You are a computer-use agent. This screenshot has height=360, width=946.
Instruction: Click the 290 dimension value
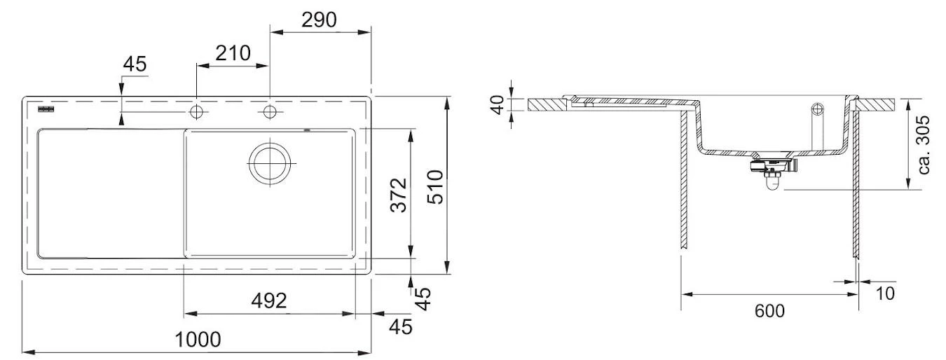point(319,20)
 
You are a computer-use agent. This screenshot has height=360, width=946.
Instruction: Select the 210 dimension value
point(232,53)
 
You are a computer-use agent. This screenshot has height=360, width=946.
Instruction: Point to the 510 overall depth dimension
point(434,187)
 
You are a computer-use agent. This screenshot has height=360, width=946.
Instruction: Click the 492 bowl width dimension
point(269,300)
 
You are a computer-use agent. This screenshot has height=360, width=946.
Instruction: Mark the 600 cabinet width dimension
point(769,310)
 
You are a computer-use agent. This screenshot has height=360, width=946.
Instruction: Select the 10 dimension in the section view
point(885,293)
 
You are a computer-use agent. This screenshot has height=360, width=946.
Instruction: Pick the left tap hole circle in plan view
point(197,112)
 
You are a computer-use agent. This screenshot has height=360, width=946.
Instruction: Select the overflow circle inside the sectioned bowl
point(817,109)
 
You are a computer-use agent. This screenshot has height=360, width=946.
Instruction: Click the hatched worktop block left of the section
point(546,105)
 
